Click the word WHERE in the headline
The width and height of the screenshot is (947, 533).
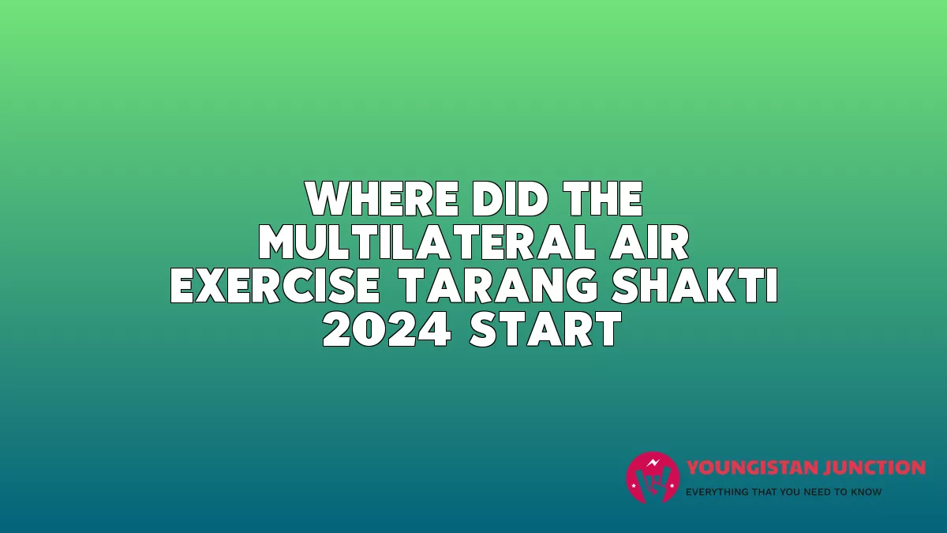383,199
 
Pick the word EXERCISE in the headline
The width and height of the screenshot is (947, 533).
275,286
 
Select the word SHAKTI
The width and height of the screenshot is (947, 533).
695,286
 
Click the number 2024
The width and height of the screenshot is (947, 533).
387,329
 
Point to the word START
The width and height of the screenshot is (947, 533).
546,329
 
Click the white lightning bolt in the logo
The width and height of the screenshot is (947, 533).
653,463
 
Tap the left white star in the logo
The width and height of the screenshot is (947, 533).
634,486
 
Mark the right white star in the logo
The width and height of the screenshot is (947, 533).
672,486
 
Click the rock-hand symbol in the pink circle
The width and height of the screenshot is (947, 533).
653,483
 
